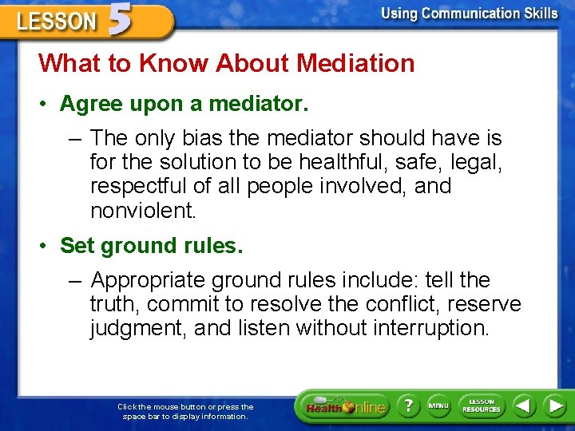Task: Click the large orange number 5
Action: click(120, 21)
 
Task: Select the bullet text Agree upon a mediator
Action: click(184, 104)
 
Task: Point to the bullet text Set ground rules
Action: click(151, 246)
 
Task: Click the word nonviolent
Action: click(142, 211)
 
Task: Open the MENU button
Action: click(438, 405)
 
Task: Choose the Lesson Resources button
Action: click(481, 405)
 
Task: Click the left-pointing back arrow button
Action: click(524, 405)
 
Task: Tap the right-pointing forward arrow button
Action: click(554, 405)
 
